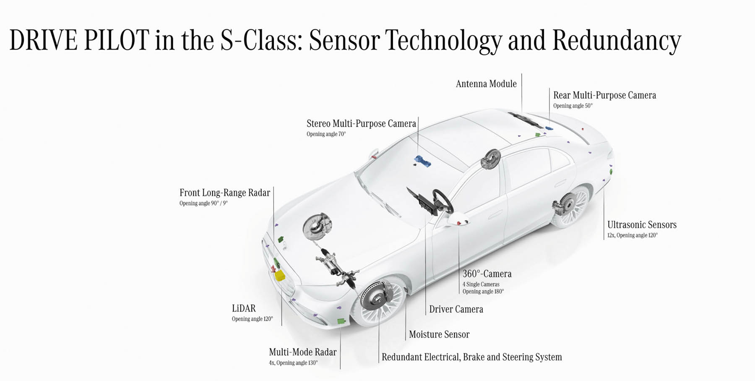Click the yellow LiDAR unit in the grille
click(x=280, y=275)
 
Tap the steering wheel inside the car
click(x=443, y=201)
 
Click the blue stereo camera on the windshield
click(x=422, y=161)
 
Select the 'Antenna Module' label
click(x=486, y=84)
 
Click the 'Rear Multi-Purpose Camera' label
click(x=604, y=95)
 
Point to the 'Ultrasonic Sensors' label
click(x=642, y=224)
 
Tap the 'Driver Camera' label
click(x=456, y=309)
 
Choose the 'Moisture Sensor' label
click(x=439, y=334)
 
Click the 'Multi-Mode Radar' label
click(x=302, y=352)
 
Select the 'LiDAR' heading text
click(x=244, y=308)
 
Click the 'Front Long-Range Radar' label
click(x=225, y=193)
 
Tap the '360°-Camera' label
click(x=487, y=274)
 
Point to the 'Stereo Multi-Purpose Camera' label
click(x=361, y=123)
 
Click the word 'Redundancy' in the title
click(x=617, y=41)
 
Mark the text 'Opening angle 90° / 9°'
click(x=203, y=204)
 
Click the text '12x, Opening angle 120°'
click(x=633, y=235)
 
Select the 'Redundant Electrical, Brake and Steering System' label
click(x=471, y=357)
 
